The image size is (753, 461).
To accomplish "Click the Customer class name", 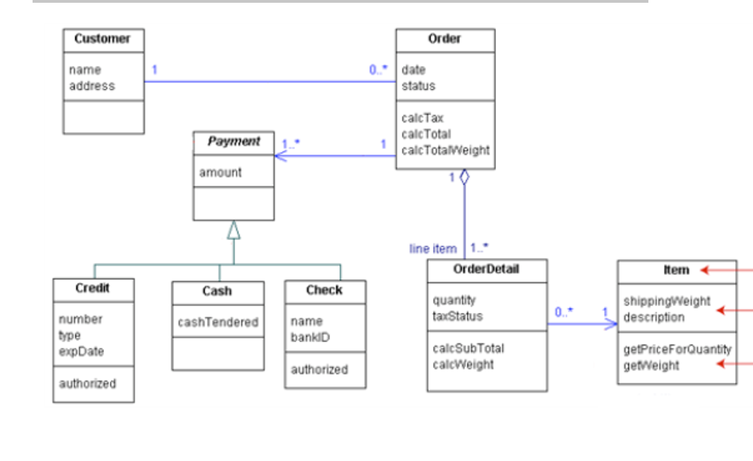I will tap(102, 39).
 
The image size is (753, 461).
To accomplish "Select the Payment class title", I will tap(233, 142).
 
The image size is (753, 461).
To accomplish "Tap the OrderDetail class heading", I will tap(486, 269).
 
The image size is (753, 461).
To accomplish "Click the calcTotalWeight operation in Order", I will tap(445, 150).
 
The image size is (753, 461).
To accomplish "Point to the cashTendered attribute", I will tap(218, 322).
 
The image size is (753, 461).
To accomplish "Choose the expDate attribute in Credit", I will tap(81, 351).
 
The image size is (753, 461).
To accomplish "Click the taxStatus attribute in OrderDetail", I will tap(458, 316).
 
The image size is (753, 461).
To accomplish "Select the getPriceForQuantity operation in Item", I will tap(677, 350).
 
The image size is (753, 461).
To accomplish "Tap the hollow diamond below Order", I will tap(464, 177).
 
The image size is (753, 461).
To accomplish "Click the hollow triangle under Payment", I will tap(233, 230).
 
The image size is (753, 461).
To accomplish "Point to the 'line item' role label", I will tap(433, 248).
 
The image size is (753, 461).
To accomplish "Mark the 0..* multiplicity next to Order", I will tap(379, 69).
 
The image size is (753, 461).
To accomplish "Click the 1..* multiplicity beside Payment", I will tap(291, 145).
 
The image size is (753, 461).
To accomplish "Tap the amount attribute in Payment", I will tap(220, 172).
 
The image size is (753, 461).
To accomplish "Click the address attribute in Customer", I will tap(91, 86).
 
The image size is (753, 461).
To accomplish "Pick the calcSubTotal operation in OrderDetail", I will tap(468, 348).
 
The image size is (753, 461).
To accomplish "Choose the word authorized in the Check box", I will tap(319, 370).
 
